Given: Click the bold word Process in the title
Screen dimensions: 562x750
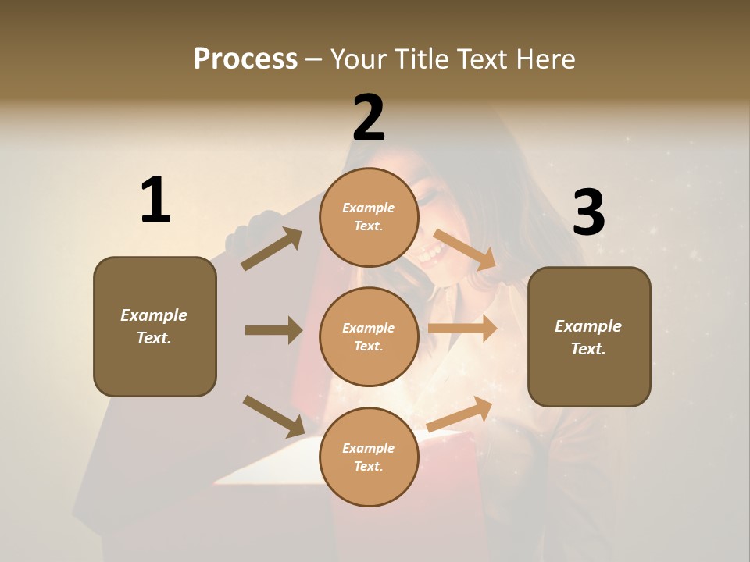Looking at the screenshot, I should (245, 59).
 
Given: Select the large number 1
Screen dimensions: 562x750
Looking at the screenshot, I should (155, 201).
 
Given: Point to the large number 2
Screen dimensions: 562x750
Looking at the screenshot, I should (369, 118).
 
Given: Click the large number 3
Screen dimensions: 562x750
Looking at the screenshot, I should (588, 213).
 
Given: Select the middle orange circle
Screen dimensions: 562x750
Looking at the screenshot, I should (369, 336).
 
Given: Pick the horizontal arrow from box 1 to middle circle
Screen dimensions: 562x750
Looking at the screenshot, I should (273, 330).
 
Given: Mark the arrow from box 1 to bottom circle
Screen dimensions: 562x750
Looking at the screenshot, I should (273, 415).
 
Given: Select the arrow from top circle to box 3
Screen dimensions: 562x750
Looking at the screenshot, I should (465, 249).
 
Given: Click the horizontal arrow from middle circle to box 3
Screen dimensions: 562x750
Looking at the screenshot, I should (462, 329).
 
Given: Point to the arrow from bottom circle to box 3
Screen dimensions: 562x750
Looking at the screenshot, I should (459, 414).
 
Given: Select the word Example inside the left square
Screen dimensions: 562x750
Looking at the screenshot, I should (154, 315).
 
